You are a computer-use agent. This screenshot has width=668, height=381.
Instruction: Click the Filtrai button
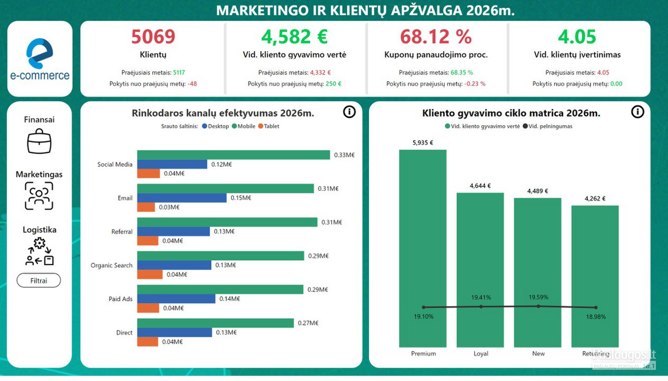click(x=39, y=280)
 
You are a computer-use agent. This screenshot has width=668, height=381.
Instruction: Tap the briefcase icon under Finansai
click(x=39, y=141)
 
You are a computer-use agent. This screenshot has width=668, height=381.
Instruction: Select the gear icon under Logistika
click(x=39, y=243)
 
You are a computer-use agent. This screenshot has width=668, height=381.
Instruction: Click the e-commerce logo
click(x=40, y=59)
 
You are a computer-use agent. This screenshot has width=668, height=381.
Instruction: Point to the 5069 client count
click(x=153, y=37)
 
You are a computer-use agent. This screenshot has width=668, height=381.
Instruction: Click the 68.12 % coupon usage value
click(x=436, y=37)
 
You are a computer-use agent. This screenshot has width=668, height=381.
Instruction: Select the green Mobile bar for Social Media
click(x=233, y=155)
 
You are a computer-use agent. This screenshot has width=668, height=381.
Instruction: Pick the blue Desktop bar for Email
click(x=182, y=198)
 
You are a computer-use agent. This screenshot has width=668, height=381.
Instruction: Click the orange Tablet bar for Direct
click(x=148, y=342)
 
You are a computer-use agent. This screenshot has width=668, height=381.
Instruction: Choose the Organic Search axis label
click(x=111, y=265)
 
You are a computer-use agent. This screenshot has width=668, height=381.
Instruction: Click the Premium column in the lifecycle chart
click(x=423, y=248)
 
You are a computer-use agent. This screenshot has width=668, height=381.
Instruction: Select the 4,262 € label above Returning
click(x=595, y=199)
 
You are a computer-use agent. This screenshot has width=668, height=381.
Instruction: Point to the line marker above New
click(x=538, y=306)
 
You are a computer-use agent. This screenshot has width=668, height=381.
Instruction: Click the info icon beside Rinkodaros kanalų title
click(x=349, y=112)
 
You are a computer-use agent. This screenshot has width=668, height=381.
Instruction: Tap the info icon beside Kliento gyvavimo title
click(x=637, y=112)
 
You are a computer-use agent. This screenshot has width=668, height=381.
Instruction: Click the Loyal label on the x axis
click(x=481, y=354)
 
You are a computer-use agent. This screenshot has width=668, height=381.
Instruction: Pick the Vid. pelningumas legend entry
click(x=547, y=127)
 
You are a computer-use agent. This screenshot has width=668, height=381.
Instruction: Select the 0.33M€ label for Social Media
click(x=344, y=155)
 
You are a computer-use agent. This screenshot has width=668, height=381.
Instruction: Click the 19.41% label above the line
click(x=481, y=297)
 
